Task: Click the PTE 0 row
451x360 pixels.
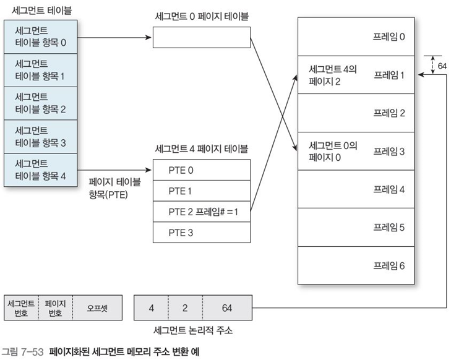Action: [x=201, y=169]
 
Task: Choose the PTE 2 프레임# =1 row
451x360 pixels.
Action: [x=201, y=212]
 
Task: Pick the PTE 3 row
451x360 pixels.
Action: [x=201, y=233]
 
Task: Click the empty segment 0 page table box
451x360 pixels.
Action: [x=201, y=37]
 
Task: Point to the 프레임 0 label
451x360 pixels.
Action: [x=389, y=36]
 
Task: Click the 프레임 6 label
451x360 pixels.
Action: [x=389, y=266]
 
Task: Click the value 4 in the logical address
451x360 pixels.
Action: [x=152, y=307]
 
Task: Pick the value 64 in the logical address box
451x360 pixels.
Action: [x=226, y=307]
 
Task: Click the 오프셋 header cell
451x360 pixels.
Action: [x=96, y=307]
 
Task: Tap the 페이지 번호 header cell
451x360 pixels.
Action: [x=55, y=307]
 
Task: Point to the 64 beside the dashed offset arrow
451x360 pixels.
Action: [x=441, y=65]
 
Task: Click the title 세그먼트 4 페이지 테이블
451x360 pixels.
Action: [x=201, y=148]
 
